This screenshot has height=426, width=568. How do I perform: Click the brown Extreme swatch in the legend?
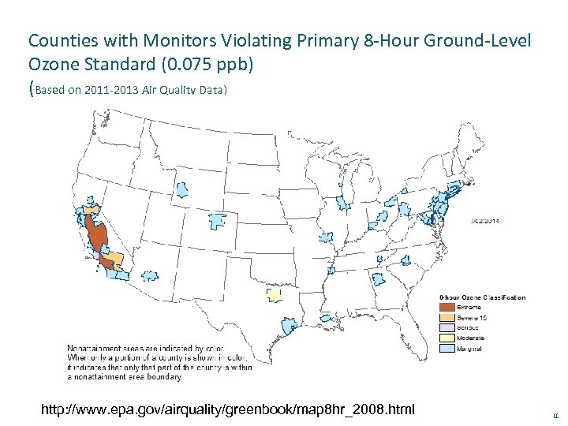[447, 307]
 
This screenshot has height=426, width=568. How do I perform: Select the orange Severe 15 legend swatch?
[447, 317]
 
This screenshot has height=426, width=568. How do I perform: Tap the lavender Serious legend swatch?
[447, 327]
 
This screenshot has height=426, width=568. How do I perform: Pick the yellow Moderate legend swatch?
[447, 338]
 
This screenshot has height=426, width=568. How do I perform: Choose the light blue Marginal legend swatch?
[447, 348]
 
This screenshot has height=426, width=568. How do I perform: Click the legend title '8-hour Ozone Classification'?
[482, 297]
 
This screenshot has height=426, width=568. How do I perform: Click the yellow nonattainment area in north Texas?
[274, 294]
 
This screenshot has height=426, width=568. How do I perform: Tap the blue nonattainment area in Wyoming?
[181, 189]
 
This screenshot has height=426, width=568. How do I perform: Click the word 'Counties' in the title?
[58, 39]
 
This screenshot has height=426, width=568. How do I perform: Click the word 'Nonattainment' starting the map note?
[92, 347]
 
